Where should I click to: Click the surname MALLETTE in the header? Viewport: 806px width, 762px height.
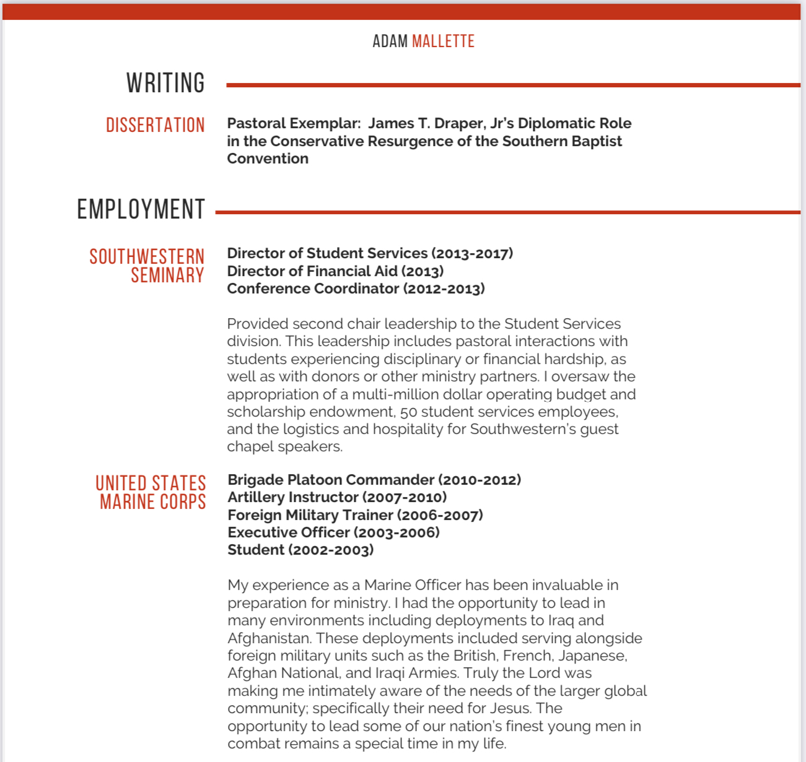[x=443, y=41]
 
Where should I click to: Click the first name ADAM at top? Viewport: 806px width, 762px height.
[x=390, y=41]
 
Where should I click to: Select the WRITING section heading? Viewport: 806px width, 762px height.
[x=165, y=83]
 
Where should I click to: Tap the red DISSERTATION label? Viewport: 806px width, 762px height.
[x=155, y=125]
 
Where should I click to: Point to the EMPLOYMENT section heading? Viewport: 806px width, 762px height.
[x=141, y=209]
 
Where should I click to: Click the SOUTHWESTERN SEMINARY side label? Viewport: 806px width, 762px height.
[x=147, y=266]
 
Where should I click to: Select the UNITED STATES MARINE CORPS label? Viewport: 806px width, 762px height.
[x=151, y=492]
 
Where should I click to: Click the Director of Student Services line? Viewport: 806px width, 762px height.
[x=369, y=253]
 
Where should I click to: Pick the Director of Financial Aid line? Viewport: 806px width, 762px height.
[x=335, y=271]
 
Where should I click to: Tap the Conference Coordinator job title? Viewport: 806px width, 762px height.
[x=356, y=288]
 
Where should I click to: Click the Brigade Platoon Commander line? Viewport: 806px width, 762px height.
[x=374, y=480]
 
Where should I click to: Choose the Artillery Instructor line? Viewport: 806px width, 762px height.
[x=337, y=497]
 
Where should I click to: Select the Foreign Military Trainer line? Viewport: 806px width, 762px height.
[x=355, y=515]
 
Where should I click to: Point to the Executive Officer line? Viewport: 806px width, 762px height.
[x=333, y=532]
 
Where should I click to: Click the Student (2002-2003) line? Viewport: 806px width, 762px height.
[x=300, y=550]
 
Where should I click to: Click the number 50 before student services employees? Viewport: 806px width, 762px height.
[x=408, y=412]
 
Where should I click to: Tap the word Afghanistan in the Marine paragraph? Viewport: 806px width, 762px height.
[x=268, y=638]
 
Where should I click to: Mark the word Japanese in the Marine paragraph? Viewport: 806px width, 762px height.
[x=600, y=656]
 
